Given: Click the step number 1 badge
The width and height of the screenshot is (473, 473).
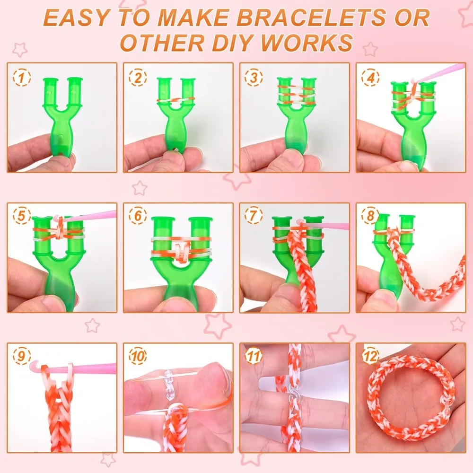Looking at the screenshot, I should click(x=20, y=76).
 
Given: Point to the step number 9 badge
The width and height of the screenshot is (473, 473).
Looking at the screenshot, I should click(x=20, y=356).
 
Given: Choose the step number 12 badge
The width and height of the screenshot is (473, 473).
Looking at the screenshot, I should click(x=369, y=356).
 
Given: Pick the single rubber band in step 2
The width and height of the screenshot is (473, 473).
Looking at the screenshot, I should click(x=175, y=100).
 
